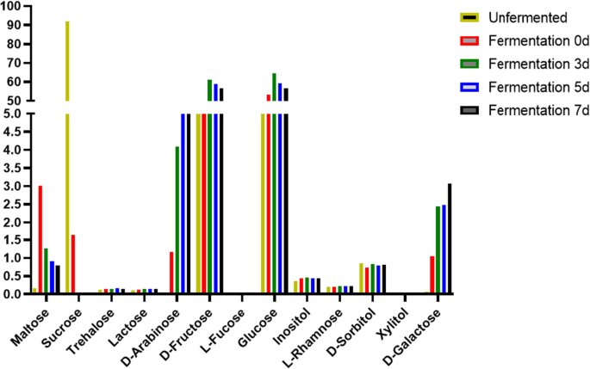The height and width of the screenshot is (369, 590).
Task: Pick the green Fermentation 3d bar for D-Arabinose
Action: click(177, 219)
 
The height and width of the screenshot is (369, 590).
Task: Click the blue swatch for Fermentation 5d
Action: click(472, 87)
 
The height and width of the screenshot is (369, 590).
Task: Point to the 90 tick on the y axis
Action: click(13, 25)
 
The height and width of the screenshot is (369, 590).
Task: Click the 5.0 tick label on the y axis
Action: click(11, 114)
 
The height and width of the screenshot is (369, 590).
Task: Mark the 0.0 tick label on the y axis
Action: click(11, 293)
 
